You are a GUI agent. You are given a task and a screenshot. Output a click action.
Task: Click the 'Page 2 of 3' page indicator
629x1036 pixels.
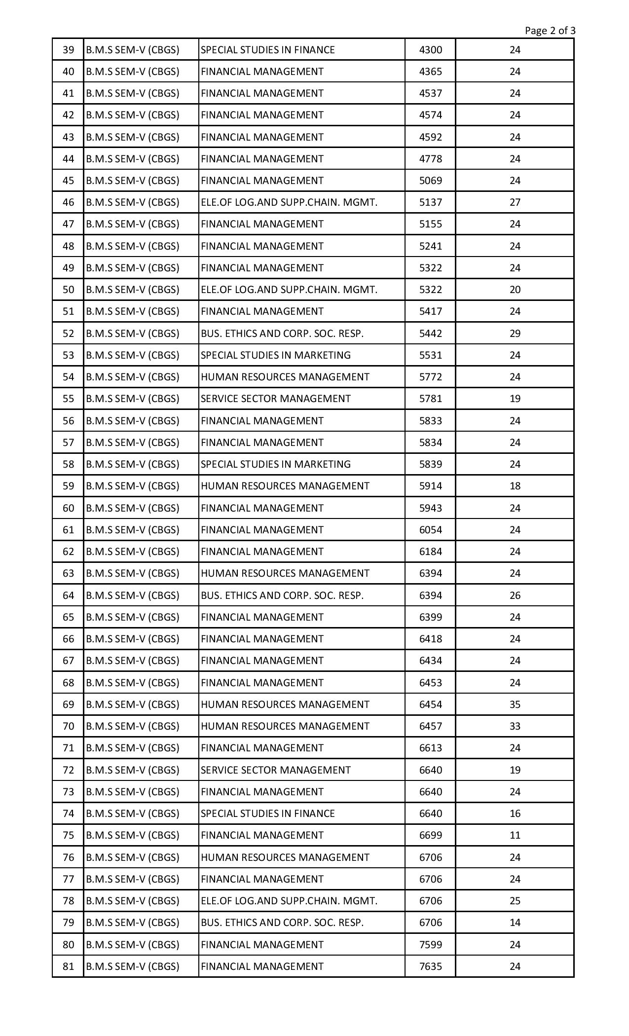[x=550, y=31]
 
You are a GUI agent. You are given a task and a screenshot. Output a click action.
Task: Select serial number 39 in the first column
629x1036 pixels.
[x=68, y=50]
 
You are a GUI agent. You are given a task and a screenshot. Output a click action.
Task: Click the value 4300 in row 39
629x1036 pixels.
[x=430, y=50]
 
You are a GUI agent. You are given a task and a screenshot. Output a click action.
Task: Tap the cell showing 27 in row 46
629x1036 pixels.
[x=515, y=202]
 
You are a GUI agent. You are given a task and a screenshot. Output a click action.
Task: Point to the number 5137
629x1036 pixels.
[x=430, y=202]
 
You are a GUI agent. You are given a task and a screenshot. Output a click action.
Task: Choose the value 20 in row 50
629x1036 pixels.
[x=515, y=290]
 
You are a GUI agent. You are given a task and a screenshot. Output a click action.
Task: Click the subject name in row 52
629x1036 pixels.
[x=282, y=333]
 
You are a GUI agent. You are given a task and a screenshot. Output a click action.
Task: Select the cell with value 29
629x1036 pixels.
[x=515, y=333]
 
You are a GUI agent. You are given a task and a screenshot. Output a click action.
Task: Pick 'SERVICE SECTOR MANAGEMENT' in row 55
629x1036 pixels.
[x=276, y=399]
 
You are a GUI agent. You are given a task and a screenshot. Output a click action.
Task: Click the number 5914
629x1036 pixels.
[x=430, y=486]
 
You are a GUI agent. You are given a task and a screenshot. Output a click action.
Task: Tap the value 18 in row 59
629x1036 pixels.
[x=515, y=486]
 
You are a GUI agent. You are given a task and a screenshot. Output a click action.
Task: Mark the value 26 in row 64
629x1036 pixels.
[x=515, y=595]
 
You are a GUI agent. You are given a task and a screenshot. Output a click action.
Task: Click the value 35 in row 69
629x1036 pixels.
[x=515, y=704]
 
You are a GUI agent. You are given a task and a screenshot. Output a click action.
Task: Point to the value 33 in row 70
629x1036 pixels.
[x=515, y=726]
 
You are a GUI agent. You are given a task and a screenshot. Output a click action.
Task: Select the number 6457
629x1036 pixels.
[x=430, y=726]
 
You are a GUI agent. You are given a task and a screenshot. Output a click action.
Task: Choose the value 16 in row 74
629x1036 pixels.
[x=515, y=814]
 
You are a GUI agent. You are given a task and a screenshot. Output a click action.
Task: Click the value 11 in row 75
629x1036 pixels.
[x=515, y=835]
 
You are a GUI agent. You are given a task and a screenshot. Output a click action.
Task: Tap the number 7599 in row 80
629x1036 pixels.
[x=430, y=944]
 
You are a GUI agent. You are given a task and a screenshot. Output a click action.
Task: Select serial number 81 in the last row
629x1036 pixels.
[x=68, y=966]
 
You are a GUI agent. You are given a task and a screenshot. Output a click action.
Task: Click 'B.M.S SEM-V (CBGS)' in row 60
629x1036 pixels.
[x=132, y=508]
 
